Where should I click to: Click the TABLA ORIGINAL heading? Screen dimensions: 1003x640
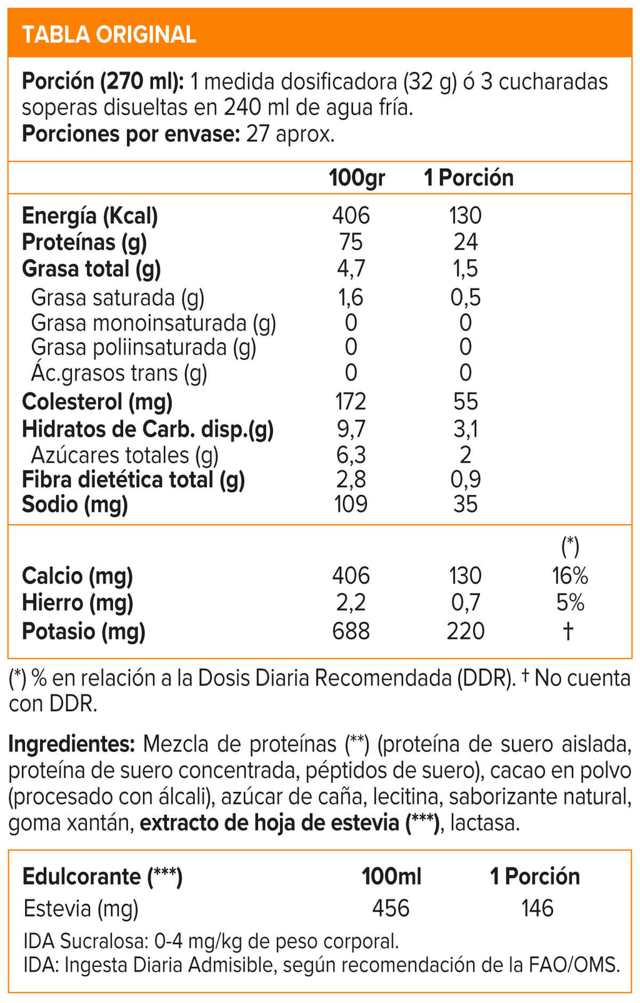click(x=109, y=34)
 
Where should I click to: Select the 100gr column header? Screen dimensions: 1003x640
click(x=356, y=178)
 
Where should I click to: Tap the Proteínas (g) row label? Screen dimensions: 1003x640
click(x=84, y=242)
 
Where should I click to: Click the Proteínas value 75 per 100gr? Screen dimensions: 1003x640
click(x=351, y=242)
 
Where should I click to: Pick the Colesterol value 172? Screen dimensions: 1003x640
click(x=351, y=402)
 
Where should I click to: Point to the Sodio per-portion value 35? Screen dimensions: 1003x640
click(x=465, y=504)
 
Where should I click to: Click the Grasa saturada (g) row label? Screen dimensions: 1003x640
click(x=117, y=298)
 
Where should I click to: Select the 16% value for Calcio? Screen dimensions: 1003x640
click(x=569, y=576)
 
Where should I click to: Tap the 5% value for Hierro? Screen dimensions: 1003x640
click(x=569, y=603)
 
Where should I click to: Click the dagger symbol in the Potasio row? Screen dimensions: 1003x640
click(x=567, y=631)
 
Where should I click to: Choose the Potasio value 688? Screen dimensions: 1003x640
click(x=351, y=631)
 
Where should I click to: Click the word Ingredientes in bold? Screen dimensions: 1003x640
click(x=71, y=744)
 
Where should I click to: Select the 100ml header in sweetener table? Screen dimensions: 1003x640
click(x=391, y=877)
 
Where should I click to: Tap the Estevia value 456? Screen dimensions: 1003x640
click(x=391, y=908)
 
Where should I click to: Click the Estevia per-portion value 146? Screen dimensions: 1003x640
click(x=537, y=908)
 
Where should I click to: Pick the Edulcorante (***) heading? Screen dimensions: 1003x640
click(x=102, y=877)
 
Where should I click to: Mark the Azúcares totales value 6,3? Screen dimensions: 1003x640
click(x=351, y=456)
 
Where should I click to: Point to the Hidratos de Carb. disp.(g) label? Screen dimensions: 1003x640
click(x=147, y=429)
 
